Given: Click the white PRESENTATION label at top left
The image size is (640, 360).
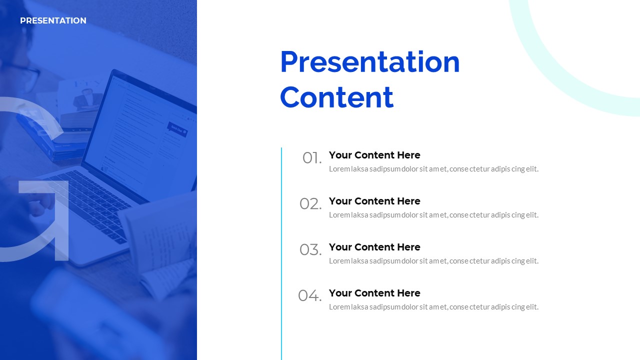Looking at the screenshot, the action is pos(53,20).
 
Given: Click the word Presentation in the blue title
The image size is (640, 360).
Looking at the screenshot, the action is pos(370,62).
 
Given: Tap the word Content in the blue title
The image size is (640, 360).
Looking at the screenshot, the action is pos(337,97).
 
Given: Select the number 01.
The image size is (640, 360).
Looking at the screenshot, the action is pos(312,158).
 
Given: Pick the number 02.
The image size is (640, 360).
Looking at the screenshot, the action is pos(310,204).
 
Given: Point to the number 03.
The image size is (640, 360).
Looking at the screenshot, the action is pos(310,250).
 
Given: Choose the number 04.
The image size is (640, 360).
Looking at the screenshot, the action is pos(310,295).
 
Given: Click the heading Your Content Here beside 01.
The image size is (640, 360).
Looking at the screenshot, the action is pos(374,155).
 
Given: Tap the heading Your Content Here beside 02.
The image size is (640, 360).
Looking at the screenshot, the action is pos(374,201).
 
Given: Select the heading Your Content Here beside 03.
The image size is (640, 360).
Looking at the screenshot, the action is pos(374,247).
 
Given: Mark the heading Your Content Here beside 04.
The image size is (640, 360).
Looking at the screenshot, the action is pos(374,293).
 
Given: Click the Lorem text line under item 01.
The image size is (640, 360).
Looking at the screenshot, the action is pos(433,169).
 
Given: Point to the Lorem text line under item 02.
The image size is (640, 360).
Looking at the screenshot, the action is pos(433,215).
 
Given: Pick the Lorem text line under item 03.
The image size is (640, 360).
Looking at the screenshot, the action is pos(433,261).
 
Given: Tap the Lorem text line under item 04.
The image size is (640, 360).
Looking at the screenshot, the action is pos(433,307).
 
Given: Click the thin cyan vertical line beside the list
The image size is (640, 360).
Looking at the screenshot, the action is pos(281,253).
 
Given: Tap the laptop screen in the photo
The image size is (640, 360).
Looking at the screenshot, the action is pos(140,134).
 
